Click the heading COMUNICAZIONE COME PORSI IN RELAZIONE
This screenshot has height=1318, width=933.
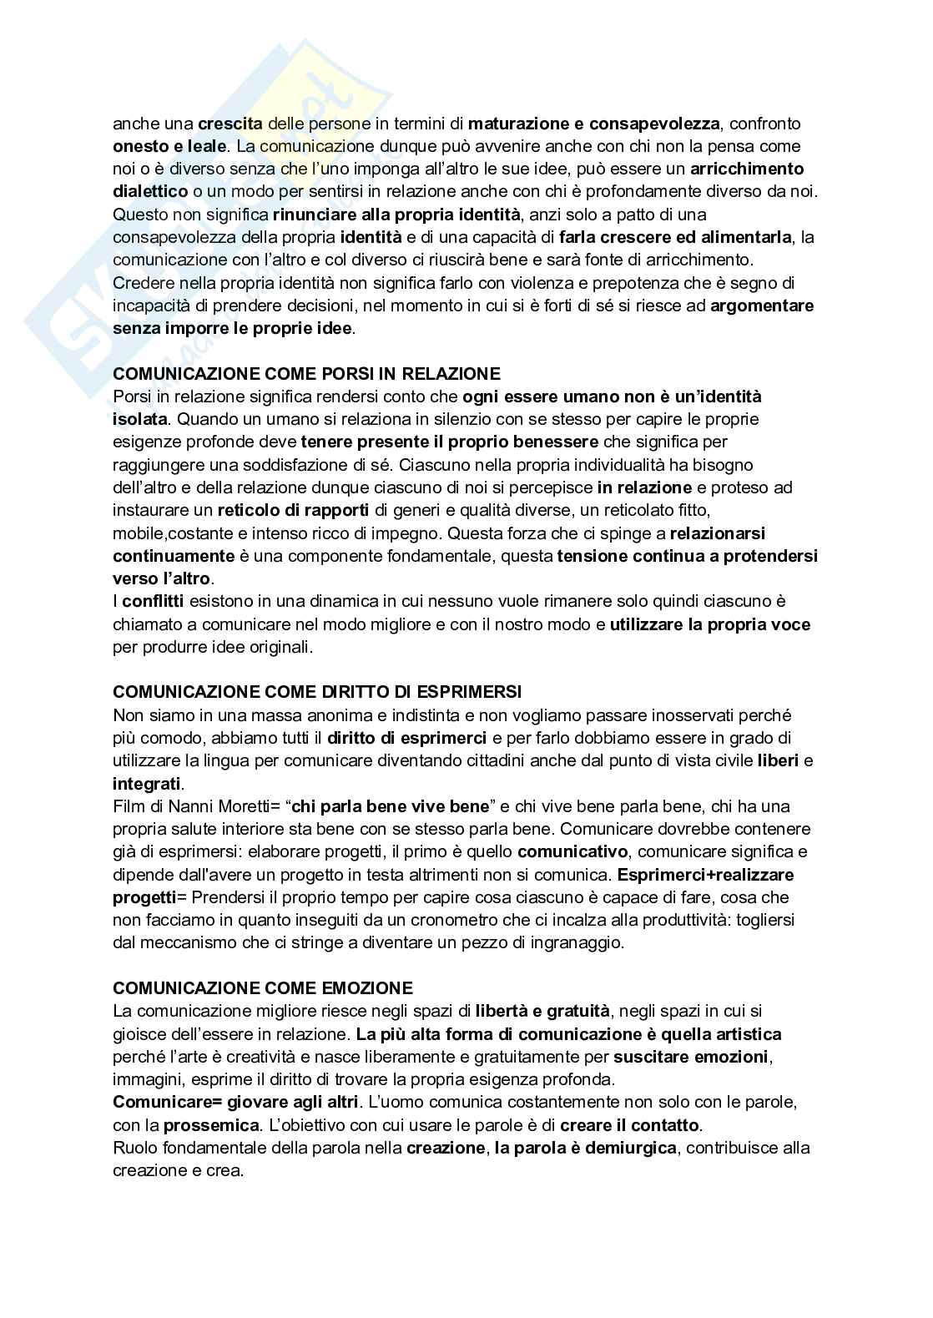(306, 373)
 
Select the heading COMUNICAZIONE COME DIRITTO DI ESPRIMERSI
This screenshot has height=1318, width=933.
(317, 692)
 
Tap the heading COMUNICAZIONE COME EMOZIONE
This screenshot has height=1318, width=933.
(263, 988)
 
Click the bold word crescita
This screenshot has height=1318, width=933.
(230, 124)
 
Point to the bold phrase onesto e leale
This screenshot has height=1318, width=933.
(169, 146)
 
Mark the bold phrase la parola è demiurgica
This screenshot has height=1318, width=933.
(585, 1148)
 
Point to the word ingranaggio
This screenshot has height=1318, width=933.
(575, 942)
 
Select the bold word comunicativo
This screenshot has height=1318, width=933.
(572, 851)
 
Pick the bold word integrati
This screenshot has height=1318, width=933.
(146, 784)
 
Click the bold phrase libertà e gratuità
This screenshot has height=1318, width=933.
(542, 1011)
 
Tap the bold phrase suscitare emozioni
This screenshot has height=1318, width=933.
(690, 1057)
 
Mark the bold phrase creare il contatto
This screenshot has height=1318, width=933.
(630, 1124)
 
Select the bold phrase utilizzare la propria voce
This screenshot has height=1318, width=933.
(710, 624)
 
